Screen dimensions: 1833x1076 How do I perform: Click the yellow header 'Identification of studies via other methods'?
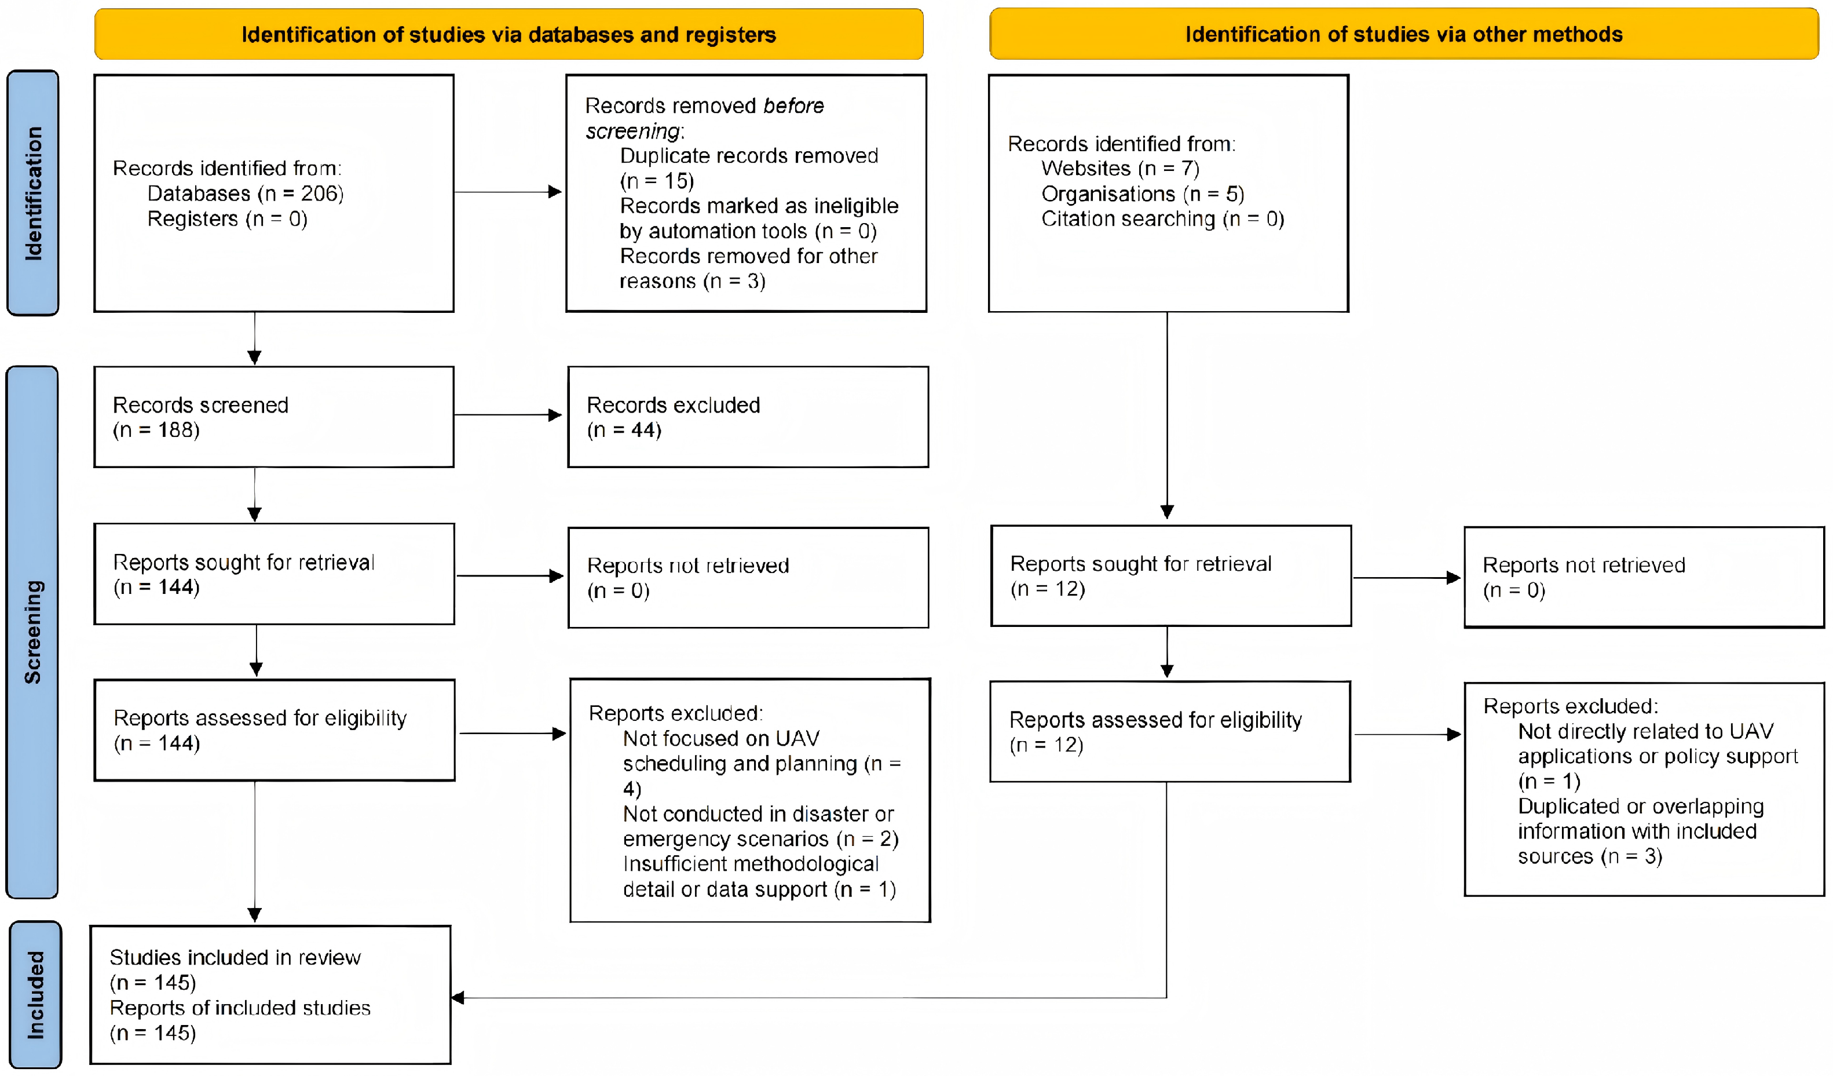(x=1404, y=34)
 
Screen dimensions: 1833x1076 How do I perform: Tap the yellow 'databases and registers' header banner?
(x=508, y=34)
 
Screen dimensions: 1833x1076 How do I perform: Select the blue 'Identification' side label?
(x=33, y=193)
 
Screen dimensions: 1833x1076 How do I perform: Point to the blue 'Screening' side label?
(x=32, y=632)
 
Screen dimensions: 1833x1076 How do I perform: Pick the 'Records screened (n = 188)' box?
(x=274, y=417)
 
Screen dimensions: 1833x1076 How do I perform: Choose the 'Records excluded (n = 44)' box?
(x=748, y=417)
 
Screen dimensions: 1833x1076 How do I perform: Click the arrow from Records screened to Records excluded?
(x=508, y=415)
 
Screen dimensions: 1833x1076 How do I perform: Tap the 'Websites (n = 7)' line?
(x=1120, y=169)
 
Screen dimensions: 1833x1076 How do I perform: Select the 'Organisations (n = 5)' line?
(x=1143, y=194)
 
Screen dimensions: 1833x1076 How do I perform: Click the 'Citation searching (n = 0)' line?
(x=1162, y=219)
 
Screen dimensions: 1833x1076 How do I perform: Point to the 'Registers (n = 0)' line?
(x=227, y=219)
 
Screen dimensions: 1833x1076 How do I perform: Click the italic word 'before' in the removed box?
(x=793, y=106)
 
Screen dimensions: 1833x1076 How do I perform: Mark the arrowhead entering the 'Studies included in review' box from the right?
(x=458, y=997)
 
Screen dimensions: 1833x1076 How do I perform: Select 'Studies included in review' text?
(x=235, y=957)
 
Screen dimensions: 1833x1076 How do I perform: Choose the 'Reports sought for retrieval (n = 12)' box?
(x=1171, y=575)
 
